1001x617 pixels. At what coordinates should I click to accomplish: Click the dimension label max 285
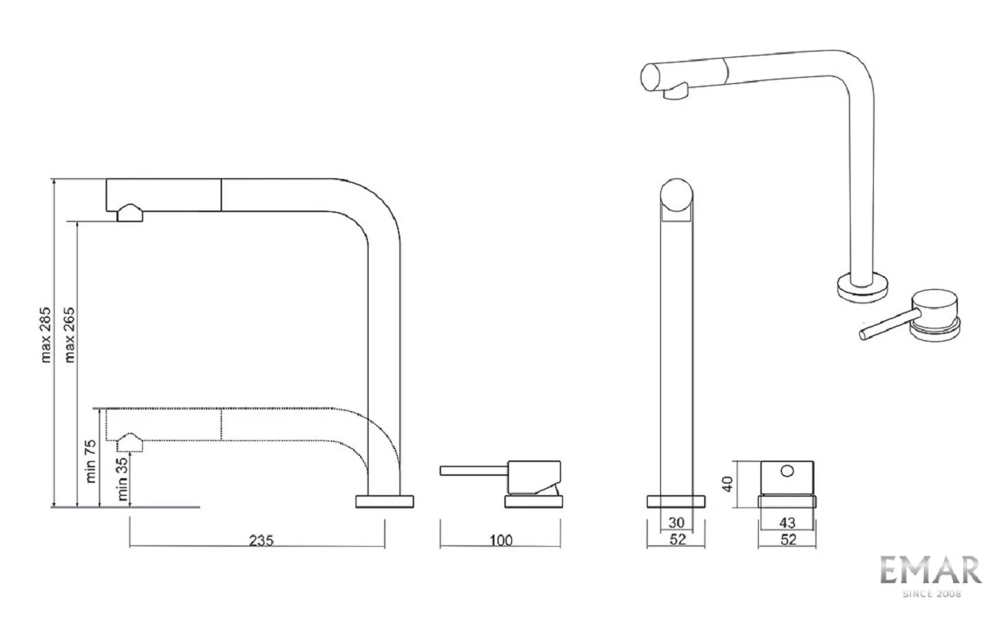pyautogui.click(x=46, y=335)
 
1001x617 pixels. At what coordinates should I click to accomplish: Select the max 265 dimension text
pyautogui.click(x=69, y=335)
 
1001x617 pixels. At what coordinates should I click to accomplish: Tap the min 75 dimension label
pyautogui.click(x=90, y=461)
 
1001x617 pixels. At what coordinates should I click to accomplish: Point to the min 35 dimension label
pyautogui.click(x=122, y=479)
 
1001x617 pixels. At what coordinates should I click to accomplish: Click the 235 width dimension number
pyautogui.click(x=261, y=541)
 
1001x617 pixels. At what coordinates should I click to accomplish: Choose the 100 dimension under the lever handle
pyautogui.click(x=501, y=541)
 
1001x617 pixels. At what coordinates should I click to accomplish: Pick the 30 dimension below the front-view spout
pyautogui.click(x=676, y=522)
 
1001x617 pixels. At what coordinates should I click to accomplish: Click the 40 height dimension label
pyautogui.click(x=728, y=484)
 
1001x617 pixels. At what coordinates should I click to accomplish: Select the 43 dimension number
pyautogui.click(x=787, y=522)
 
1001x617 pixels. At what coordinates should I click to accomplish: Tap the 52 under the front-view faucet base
pyautogui.click(x=677, y=540)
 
